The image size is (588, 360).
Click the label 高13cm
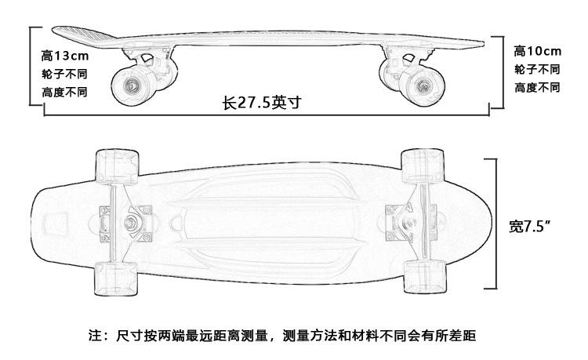click(x=64, y=56)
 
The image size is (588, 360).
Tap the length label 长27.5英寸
click(x=262, y=103)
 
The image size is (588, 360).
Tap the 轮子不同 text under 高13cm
click(x=64, y=75)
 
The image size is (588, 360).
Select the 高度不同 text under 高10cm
click(x=536, y=87)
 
